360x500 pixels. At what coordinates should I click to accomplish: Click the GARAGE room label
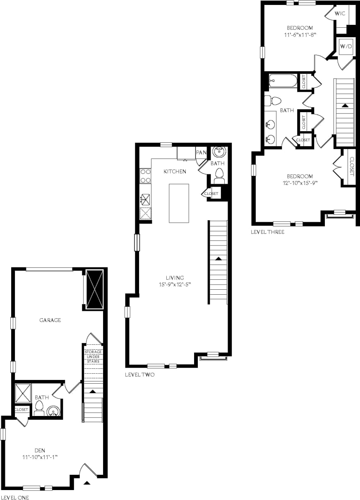pyautogui.click(x=50, y=320)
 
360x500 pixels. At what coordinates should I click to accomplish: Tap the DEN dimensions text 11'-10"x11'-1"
pyautogui.click(x=39, y=457)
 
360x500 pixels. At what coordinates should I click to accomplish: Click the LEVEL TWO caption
pyautogui.click(x=139, y=375)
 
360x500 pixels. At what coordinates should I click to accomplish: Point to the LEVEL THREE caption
pyautogui.click(x=267, y=232)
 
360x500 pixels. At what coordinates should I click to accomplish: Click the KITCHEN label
pyautogui.click(x=175, y=171)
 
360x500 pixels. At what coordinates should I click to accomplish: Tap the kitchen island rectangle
pyautogui.click(x=179, y=203)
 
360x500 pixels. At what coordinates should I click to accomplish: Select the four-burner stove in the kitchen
pyautogui.click(x=145, y=175)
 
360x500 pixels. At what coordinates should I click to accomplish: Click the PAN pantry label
pyautogui.click(x=201, y=153)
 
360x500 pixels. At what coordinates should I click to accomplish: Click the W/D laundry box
pyautogui.click(x=346, y=47)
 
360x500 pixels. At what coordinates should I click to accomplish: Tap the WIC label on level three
pyautogui.click(x=340, y=14)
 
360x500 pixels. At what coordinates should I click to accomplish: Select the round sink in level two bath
pyautogui.click(x=218, y=152)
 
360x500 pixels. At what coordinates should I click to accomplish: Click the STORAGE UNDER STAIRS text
pyautogui.click(x=93, y=356)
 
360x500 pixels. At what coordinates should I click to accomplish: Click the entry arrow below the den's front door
pyautogui.click(x=87, y=482)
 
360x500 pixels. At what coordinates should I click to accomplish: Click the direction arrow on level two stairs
pyautogui.click(x=218, y=258)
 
